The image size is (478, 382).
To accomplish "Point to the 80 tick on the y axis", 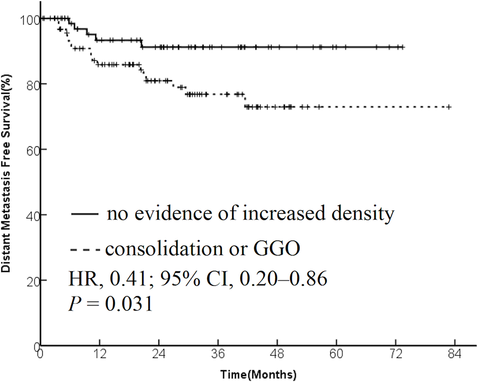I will coord(32,84).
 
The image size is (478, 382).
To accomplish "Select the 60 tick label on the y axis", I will coord(32,149).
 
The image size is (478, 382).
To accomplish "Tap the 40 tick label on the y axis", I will coord(32,214).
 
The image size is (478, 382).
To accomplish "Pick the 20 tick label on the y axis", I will coord(32,280).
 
